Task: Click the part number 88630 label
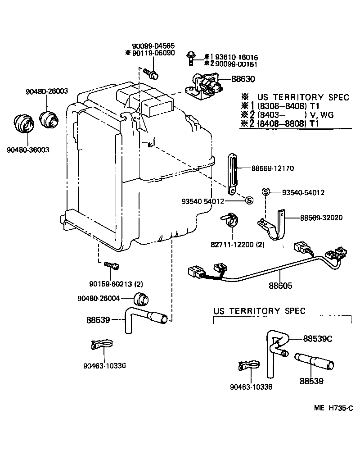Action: [243, 79]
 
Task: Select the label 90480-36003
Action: [28, 150]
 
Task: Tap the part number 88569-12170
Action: [272, 168]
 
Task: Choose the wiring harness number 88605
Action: [281, 286]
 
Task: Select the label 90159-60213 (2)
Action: [116, 284]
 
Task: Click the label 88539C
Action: [317, 338]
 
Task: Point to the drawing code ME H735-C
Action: [333, 408]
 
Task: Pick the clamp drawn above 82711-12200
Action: [232, 221]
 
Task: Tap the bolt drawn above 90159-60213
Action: [111, 265]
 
